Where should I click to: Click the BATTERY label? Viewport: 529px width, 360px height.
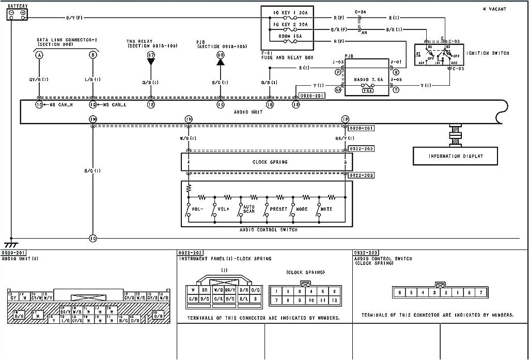[18, 6]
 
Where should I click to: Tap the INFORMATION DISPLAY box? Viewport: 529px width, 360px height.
[455, 156]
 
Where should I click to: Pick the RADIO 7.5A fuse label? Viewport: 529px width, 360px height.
[367, 80]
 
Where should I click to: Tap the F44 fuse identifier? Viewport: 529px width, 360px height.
[367, 90]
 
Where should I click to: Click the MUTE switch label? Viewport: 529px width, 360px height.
[326, 209]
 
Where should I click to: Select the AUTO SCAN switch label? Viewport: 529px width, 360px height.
[249, 208]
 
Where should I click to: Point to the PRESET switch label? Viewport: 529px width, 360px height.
[278, 209]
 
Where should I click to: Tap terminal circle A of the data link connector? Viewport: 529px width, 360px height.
[39, 54]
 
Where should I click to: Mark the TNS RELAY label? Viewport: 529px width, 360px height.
[139, 41]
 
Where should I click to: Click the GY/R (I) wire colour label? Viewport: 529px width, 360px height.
[39, 80]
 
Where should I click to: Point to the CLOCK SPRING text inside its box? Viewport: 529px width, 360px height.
[270, 162]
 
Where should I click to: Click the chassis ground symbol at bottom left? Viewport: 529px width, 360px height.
[10, 243]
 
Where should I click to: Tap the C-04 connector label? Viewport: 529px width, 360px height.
[360, 11]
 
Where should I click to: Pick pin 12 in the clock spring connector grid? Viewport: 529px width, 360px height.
[335, 300]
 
